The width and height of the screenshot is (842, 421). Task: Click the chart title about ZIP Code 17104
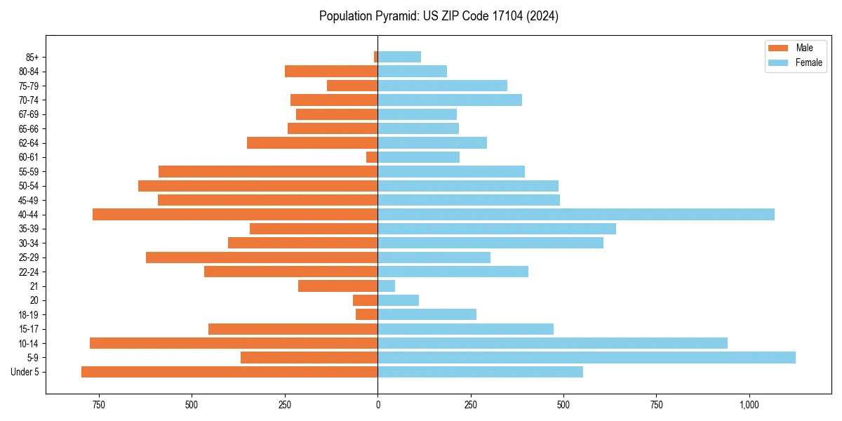tap(439, 16)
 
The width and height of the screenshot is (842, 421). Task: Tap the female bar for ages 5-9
tap(586, 357)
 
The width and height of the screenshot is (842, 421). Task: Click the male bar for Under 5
tap(229, 372)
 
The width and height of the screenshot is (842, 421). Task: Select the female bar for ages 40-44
tap(575, 214)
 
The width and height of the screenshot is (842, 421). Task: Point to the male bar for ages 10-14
tap(234, 343)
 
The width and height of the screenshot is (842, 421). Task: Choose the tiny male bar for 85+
tap(375, 57)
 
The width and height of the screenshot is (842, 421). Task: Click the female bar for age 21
tap(386, 286)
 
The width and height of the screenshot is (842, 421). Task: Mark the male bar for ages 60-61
tap(372, 157)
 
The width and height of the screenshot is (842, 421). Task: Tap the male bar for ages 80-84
tap(331, 71)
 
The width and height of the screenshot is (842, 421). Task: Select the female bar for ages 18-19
tap(427, 314)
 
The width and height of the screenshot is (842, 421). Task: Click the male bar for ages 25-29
tap(262, 258)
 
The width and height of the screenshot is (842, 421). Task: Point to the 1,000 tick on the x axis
tap(749, 405)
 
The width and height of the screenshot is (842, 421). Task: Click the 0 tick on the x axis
tap(377, 405)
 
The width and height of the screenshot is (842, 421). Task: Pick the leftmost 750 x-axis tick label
tap(98, 405)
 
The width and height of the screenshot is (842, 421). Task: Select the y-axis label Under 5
tap(25, 372)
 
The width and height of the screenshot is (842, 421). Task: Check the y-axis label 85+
tap(32, 57)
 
